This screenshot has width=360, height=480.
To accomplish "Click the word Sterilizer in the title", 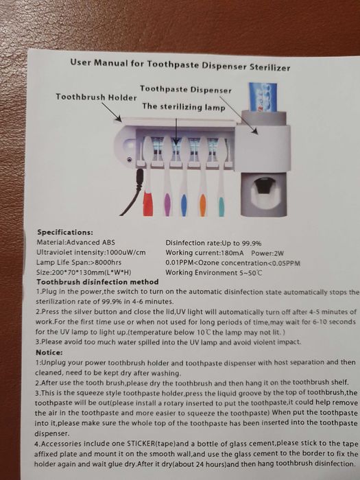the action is tap(269, 67).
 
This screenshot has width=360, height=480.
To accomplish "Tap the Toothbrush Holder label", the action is tap(96, 97).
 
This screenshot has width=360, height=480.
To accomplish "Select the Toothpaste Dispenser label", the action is tap(186, 90).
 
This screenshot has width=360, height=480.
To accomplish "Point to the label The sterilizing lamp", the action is tap(184, 107).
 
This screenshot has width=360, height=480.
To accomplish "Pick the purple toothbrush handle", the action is tap(167, 204).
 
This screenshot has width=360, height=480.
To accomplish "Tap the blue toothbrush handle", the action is tap(184, 205).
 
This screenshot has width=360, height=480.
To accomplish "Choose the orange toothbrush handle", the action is tap(203, 205).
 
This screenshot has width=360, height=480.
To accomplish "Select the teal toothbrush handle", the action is tap(221, 206).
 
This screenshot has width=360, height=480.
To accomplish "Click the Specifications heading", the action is tap(65, 232).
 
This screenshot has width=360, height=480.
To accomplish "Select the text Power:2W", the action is tap(267, 253).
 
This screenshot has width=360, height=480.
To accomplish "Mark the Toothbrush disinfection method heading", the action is tap(97, 282).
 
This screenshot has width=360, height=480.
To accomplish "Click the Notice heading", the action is tap(49, 352).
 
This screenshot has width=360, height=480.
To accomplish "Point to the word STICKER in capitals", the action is tap(141, 444).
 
